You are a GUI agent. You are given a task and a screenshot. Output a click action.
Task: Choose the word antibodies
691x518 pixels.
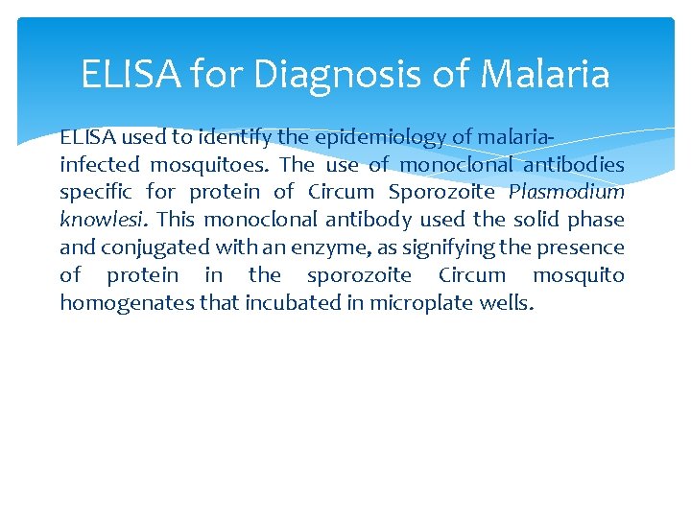[x=576, y=165]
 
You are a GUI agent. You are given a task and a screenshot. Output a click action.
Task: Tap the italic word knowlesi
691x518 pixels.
[x=102, y=220]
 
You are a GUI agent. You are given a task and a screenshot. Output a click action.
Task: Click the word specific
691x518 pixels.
[x=94, y=192]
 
